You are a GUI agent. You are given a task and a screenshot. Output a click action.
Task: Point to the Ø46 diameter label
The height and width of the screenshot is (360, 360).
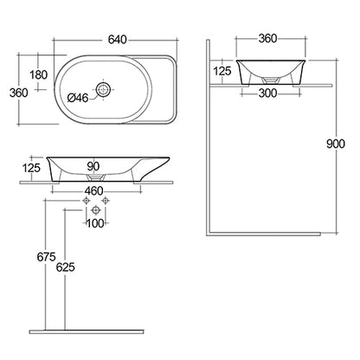79,98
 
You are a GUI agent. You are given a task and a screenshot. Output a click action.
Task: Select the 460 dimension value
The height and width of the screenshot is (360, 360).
94,190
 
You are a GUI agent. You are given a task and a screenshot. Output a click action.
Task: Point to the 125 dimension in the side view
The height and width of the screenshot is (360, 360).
222,70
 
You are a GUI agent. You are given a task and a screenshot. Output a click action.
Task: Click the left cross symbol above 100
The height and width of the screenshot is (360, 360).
87,201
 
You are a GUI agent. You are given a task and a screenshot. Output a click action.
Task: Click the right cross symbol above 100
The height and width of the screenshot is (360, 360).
105,201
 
